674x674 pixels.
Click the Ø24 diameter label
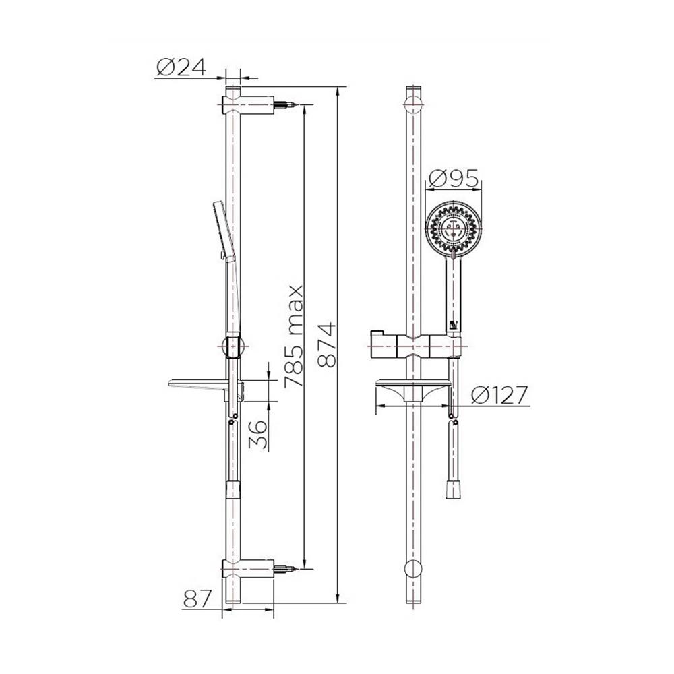(x=181, y=67)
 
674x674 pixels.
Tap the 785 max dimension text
(x=295, y=336)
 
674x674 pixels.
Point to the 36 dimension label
(x=258, y=435)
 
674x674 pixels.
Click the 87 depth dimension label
(x=197, y=599)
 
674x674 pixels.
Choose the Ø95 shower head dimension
(x=454, y=179)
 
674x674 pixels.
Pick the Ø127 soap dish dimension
(x=499, y=395)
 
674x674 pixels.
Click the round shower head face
(x=453, y=230)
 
